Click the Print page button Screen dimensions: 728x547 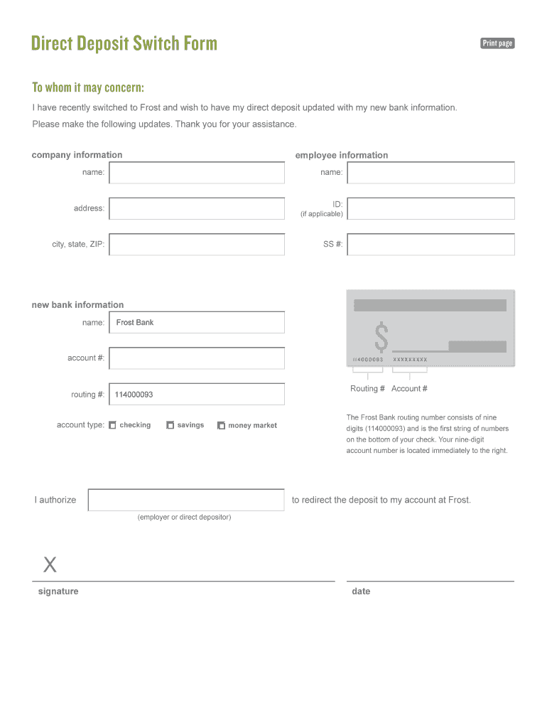pyautogui.click(x=497, y=43)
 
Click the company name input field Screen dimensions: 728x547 pyautogui.click(x=197, y=173)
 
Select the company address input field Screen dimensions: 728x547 pyautogui.click(x=197, y=208)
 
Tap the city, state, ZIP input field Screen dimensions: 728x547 pyautogui.click(x=197, y=245)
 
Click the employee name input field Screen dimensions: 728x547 pyautogui.click(x=430, y=173)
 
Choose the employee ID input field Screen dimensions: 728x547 pyautogui.click(x=430, y=209)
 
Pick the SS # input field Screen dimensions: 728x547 pyautogui.click(x=430, y=245)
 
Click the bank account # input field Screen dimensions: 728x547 pyautogui.click(x=197, y=358)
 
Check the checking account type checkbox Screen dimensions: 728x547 pyautogui.click(x=112, y=426)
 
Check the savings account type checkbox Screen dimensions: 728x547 pyautogui.click(x=170, y=426)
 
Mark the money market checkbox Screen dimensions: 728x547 pyautogui.click(x=221, y=426)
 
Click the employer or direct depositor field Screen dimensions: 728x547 pyautogui.click(x=186, y=500)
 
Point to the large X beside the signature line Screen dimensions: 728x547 pyautogui.click(x=50, y=566)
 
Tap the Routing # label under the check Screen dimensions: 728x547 pyautogui.click(x=367, y=389)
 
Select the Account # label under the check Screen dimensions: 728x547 pyautogui.click(x=409, y=389)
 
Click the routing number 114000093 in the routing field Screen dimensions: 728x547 pyautogui.click(x=134, y=395)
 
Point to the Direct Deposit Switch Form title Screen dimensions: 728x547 pyautogui.click(x=124, y=44)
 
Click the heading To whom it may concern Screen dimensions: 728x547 pyautogui.click(x=88, y=87)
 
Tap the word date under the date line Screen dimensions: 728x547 pyautogui.click(x=361, y=591)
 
